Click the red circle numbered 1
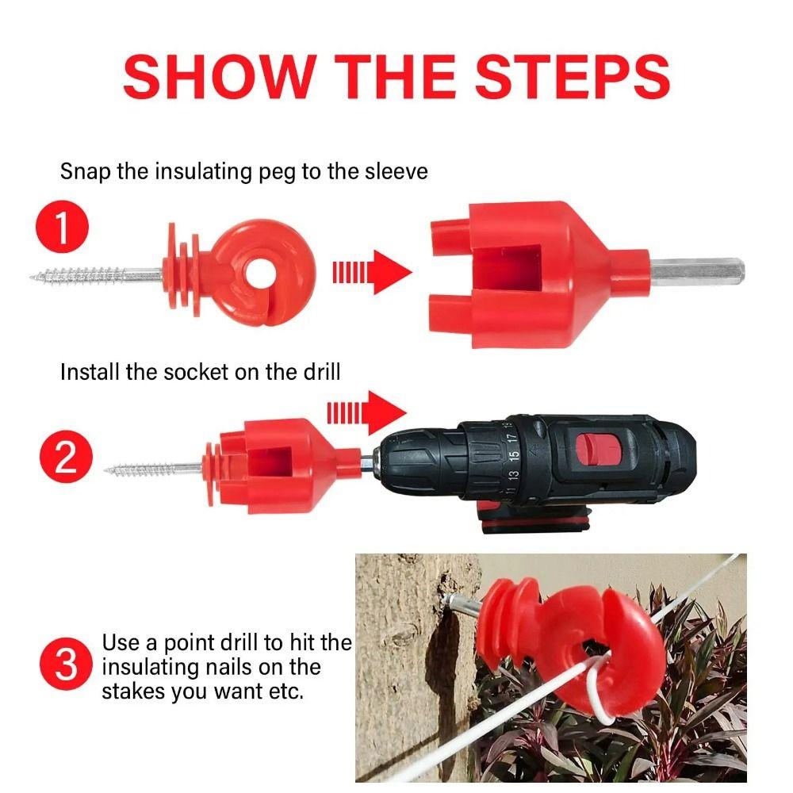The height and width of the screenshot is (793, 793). point(62,227)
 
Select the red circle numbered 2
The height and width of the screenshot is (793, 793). point(67,457)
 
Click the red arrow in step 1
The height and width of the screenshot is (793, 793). point(372,272)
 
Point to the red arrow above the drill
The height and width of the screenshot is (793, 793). point(366,412)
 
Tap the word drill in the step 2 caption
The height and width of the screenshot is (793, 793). point(322,372)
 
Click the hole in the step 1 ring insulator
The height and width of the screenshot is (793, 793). point(262,274)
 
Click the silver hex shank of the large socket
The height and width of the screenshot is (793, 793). point(697,271)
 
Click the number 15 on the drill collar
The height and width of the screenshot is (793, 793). point(514,454)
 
